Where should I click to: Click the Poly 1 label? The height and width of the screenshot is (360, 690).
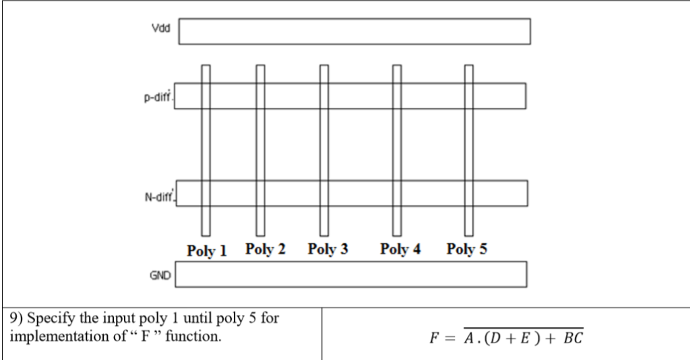[x=207, y=251]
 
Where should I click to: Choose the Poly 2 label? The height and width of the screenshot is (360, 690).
[x=265, y=249]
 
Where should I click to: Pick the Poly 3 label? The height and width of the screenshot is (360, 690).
[x=328, y=249]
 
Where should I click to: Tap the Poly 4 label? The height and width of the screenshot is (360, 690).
[x=400, y=249]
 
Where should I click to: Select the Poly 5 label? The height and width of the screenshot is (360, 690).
[x=467, y=249]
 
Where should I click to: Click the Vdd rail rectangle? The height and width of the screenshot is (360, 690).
[x=354, y=31]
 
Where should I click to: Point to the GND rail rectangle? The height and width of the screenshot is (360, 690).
[x=351, y=274]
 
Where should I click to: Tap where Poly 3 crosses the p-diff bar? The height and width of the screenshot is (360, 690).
[x=324, y=96]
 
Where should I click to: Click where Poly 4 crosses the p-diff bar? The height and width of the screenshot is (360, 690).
[x=398, y=96]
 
